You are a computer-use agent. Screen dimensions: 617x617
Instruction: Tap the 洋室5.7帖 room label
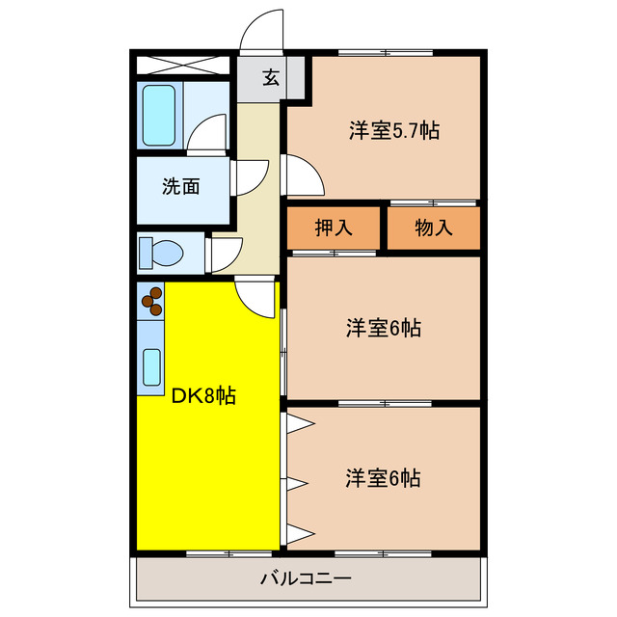[393, 130]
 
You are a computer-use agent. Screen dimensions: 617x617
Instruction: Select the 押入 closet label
[334, 228]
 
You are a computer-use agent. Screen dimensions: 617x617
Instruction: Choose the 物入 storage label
[433, 228]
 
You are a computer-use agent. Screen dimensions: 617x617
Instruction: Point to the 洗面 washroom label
[180, 186]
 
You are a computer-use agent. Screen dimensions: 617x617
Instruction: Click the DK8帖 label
[203, 394]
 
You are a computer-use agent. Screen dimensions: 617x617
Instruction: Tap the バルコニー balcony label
[306, 579]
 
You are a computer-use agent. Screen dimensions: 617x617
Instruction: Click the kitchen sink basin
[151, 366]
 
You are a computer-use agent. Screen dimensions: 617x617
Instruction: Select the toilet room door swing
[223, 252]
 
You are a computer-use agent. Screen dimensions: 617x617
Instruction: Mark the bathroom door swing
[207, 135]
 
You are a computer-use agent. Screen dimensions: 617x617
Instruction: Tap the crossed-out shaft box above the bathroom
[182, 66]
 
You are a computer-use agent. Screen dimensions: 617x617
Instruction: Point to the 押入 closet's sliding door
[334, 253]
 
